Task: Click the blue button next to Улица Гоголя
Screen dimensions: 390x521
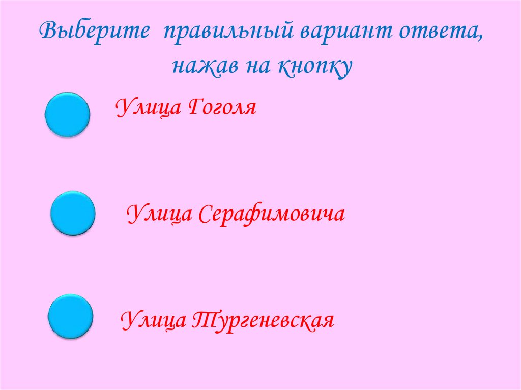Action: point(68,114)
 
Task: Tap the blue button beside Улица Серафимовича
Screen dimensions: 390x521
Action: point(73,214)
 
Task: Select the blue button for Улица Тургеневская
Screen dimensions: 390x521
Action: point(70,317)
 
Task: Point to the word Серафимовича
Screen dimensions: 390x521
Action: point(270,214)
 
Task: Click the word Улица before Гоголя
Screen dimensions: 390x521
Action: point(148,108)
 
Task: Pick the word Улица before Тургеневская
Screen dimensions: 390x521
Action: point(152,320)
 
